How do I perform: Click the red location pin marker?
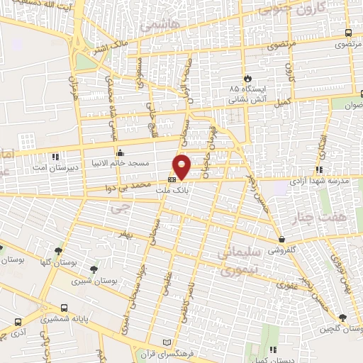(x=182, y=167)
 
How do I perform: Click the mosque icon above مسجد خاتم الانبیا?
(x=121, y=152)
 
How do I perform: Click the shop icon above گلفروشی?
(x=282, y=240)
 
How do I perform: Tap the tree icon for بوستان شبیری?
(x=94, y=269)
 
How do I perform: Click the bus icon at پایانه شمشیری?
(x=65, y=308)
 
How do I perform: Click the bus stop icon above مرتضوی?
(x=347, y=33)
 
